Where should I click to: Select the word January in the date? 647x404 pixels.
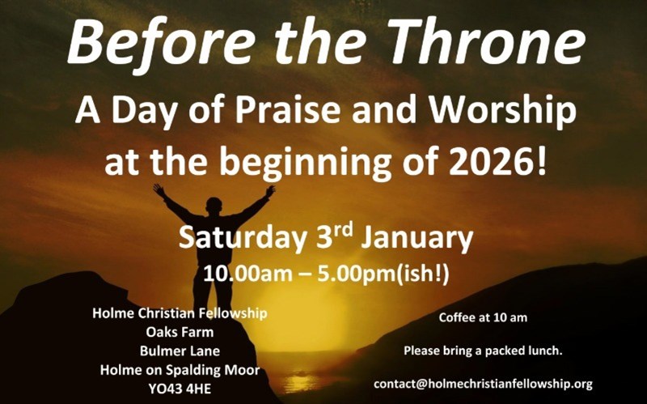click(417, 238)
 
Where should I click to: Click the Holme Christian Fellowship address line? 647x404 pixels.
click(180, 312)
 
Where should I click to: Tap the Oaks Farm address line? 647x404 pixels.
click(180, 331)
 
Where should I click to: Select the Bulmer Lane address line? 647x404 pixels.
click(180, 351)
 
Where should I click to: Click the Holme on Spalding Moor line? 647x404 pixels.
click(180, 370)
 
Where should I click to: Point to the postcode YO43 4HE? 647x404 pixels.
click(180, 389)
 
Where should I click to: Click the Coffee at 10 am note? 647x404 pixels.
click(483, 317)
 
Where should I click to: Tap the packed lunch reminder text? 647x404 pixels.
click(483, 351)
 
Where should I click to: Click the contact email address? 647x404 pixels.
click(483, 383)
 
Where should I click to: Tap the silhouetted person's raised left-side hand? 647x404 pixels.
click(159, 189)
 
